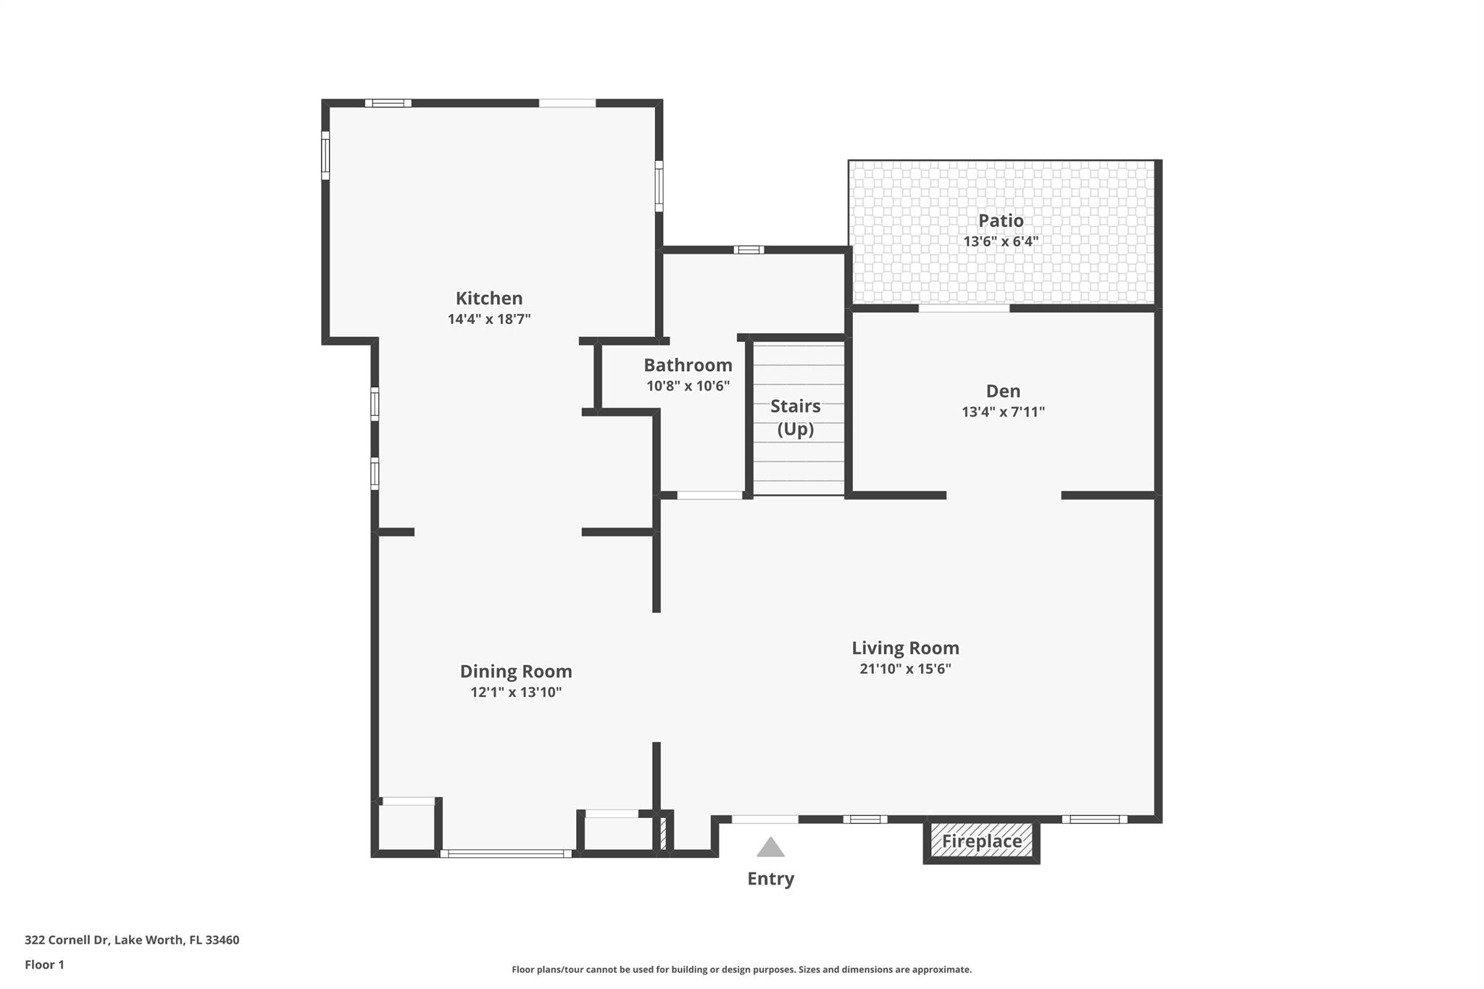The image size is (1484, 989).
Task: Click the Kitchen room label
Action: point(489,299)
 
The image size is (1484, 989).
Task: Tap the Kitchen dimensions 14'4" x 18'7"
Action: point(489,319)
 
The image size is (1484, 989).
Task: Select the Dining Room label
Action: point(516,672)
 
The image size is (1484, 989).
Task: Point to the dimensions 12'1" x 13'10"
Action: point(516,692)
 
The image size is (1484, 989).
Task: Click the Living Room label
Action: point(905,648)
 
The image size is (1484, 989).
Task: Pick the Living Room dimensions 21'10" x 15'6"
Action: point(905,669)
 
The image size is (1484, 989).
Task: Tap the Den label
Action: point(1003,391)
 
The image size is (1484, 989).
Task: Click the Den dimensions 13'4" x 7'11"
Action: point(1003,412)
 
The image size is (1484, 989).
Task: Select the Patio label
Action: point(1001,221)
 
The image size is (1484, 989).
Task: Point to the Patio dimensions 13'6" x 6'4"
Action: point(1001,241)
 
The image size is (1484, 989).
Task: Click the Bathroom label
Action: point(688,365)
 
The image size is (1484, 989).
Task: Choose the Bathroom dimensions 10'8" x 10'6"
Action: point(688,386)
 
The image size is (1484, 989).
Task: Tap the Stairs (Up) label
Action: point(796,417)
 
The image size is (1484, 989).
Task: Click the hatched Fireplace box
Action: point(981,840)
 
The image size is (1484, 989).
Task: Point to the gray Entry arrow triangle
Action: point(771,848)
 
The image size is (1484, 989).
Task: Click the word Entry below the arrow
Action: point(771,879)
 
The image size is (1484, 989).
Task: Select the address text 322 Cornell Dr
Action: point(67,940)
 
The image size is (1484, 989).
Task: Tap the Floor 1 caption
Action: point(44,965)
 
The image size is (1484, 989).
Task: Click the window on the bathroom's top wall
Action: point(749,250)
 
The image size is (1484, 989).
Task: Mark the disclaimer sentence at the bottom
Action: point(741,969)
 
